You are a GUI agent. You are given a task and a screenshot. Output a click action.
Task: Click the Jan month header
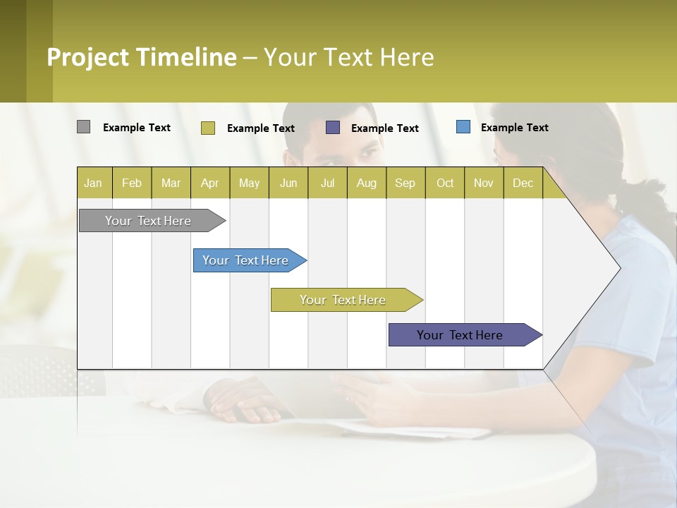[94, 183]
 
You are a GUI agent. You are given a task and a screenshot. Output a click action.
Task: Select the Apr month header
[210, 183]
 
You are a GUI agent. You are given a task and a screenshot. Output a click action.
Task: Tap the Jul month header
[327, 183]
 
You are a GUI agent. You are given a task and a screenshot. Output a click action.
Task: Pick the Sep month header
[405, 183]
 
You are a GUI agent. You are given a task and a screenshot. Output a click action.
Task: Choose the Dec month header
[523, 183]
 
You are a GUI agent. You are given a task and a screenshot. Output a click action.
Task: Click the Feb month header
[132, 183]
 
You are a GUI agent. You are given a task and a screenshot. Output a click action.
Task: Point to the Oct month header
[445, 183]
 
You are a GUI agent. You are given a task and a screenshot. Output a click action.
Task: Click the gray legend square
[83, 127]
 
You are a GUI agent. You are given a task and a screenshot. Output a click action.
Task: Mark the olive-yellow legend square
[208, 128]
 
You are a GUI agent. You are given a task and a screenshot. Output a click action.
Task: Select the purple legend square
[333, 127]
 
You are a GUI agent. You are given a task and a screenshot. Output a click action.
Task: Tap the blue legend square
[463, 127]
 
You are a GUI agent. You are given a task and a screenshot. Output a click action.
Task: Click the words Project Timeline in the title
[142, 57]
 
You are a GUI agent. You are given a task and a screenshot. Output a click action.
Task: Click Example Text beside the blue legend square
[514, 128]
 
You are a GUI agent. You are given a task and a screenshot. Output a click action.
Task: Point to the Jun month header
[288, 183]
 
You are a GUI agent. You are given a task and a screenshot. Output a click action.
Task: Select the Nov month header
[484, 183]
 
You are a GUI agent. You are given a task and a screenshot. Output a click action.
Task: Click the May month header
[249, 183]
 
